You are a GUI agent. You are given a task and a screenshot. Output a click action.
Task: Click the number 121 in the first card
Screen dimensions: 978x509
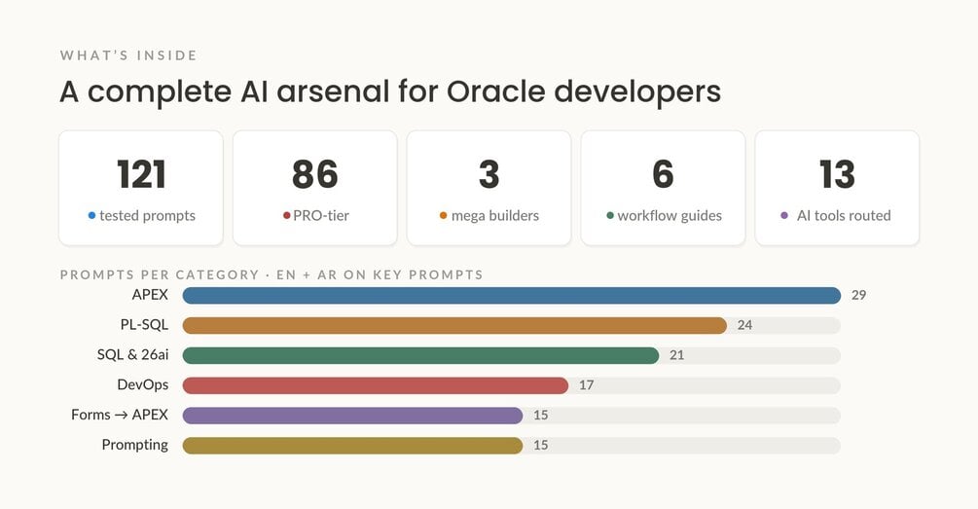(141, 174)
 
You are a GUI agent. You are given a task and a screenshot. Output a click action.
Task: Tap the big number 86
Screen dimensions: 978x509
(315, 174)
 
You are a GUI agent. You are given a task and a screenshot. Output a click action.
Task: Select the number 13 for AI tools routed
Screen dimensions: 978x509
(837, 174)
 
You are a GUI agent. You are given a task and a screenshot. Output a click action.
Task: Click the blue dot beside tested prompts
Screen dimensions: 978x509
(91, 215)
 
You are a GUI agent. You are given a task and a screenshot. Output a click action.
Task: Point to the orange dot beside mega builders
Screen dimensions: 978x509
(444, 215)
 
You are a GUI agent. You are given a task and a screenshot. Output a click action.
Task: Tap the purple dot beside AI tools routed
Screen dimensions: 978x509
(784, 215)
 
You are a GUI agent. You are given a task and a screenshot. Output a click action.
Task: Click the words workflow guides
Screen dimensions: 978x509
(670, 216)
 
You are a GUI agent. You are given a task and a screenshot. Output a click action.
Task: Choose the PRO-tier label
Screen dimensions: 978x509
(321, 215)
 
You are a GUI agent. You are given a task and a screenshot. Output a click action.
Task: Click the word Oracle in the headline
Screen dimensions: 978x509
(496, 91)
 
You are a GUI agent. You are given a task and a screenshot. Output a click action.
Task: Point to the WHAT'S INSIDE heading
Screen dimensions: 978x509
(128, 55)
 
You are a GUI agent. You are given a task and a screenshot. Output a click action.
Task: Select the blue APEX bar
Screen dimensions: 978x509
(512, 295)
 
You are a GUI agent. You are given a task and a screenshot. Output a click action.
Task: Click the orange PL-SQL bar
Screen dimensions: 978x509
(454, 325)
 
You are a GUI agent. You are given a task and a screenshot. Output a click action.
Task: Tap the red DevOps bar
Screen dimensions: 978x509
(376, 385)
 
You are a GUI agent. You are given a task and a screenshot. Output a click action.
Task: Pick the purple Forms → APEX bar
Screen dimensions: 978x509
(352, 416)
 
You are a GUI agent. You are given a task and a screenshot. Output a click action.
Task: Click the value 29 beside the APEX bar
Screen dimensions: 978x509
(859, 295)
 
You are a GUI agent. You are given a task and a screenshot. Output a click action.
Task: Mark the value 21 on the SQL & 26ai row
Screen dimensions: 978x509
(676, 355)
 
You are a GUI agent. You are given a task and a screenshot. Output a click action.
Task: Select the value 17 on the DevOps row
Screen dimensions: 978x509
(586, 384)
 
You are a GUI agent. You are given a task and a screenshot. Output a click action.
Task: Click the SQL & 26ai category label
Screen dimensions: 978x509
(133, 355)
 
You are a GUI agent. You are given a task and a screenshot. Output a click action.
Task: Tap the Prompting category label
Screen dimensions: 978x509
(134, 445)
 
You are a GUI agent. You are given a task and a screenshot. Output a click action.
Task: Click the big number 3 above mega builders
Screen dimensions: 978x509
(489, 174)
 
